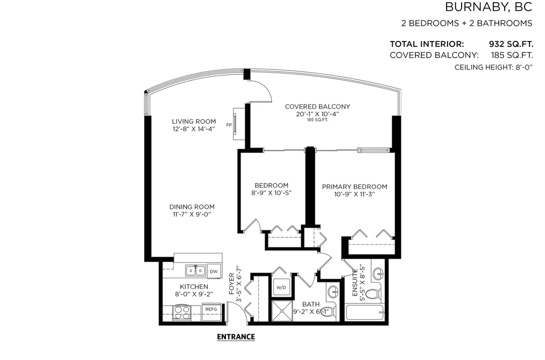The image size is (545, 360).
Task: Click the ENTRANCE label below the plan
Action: (x=236, y=337)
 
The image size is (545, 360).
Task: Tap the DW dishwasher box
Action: (x=214, y=271)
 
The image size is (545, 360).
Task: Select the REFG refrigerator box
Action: (x=211, y=309)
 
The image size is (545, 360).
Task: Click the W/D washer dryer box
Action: (x=281, y=287)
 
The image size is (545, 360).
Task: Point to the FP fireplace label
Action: (x=229, y=125)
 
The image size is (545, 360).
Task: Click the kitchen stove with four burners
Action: (x=182, y=313)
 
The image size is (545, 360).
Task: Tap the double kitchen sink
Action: (x=195, y=270)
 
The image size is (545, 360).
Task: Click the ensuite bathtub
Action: (x=365, y=313)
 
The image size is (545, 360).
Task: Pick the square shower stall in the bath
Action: (x=282, y=310)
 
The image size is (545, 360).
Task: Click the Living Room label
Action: (x=194, y=121)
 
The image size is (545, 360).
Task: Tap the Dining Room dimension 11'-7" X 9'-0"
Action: (x=192, y=214)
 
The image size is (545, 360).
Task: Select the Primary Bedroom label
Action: (x=355, y=187)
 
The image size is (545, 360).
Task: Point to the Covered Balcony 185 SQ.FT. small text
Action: (x=317, y=120)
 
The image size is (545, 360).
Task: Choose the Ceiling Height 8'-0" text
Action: (x=493, y=67)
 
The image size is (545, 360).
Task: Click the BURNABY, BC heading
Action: (x=489, y=7)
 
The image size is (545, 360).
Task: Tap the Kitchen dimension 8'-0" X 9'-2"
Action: (x=194, y=294)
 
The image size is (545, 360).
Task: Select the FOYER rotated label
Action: (x=232, y=284)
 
